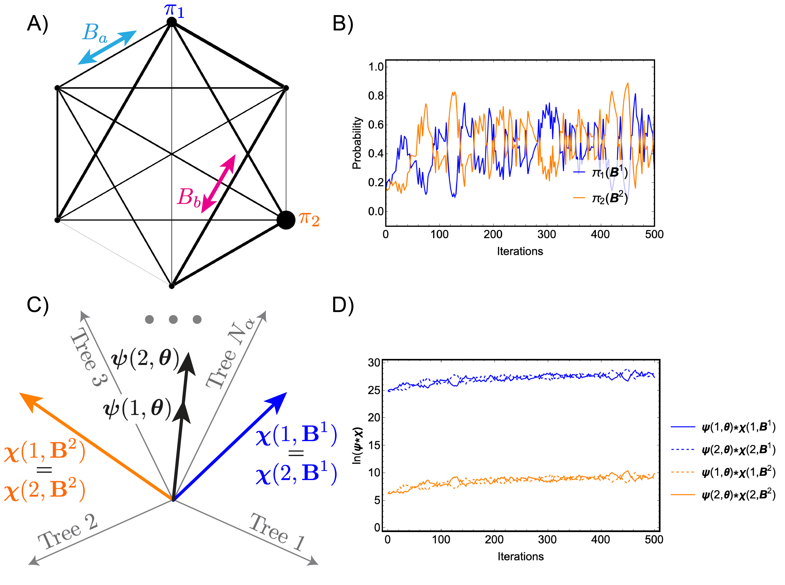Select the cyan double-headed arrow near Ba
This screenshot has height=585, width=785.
pos(107,48)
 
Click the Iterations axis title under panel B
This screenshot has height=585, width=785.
pos(520,251)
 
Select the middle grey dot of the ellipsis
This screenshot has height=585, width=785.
pos(173,319)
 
